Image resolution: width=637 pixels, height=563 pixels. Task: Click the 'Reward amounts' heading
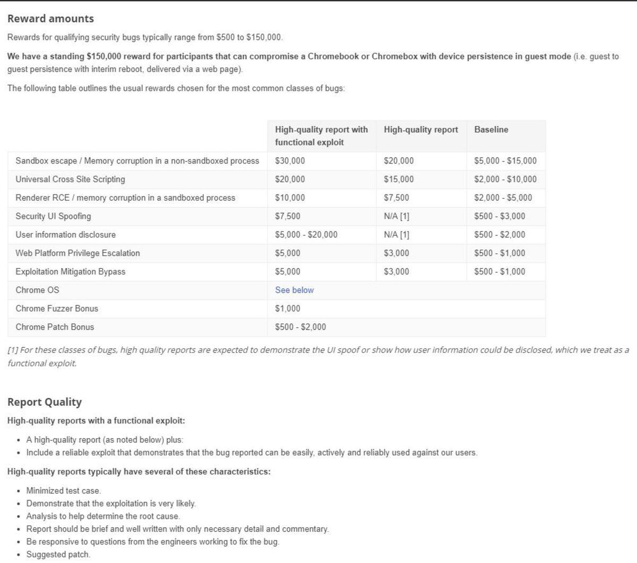(x=50, y=19)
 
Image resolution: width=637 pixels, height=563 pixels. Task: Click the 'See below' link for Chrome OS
(x=294, y=290)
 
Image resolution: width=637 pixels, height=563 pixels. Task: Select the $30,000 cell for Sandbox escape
(x=290, y=161)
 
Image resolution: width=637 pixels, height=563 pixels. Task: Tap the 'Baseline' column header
(x=491, y=130)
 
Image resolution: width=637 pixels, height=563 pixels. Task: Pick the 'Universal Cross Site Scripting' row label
(x=70, y=180)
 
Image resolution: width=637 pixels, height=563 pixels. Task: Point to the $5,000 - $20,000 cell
(x=306, y=235)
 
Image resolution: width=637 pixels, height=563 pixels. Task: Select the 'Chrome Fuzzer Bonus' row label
(x=57, y=309)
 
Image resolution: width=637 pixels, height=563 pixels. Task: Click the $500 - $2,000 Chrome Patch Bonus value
(x=300, y=327)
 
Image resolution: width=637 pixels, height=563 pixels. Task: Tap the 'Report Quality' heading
(x=45, y=402)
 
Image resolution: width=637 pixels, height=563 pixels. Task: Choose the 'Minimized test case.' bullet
(x=63, y=491)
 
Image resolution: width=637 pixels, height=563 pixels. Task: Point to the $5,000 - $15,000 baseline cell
(x=505, y=161)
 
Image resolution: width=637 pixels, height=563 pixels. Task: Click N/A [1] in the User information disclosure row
(x=397, y=235)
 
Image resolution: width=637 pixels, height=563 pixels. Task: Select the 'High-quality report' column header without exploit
(x=421, y=130)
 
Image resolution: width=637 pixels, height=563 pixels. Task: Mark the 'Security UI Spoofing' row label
(x=53, y=216)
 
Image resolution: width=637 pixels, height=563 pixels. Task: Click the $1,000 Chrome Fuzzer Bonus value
(x=288, y=309)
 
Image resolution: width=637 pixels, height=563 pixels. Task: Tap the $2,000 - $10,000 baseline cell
(x=505, y=180)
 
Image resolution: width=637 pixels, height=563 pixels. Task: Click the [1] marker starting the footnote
(x=13, y=350)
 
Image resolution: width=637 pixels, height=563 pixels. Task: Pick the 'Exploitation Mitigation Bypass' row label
(x=71, y=272)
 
